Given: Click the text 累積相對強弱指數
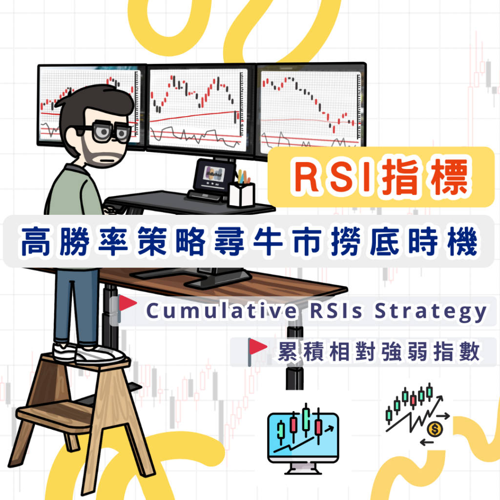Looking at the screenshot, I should tap(378, 352).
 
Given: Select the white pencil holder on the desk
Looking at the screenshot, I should tap(241, 193).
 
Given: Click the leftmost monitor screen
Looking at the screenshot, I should tap(88, 105).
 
